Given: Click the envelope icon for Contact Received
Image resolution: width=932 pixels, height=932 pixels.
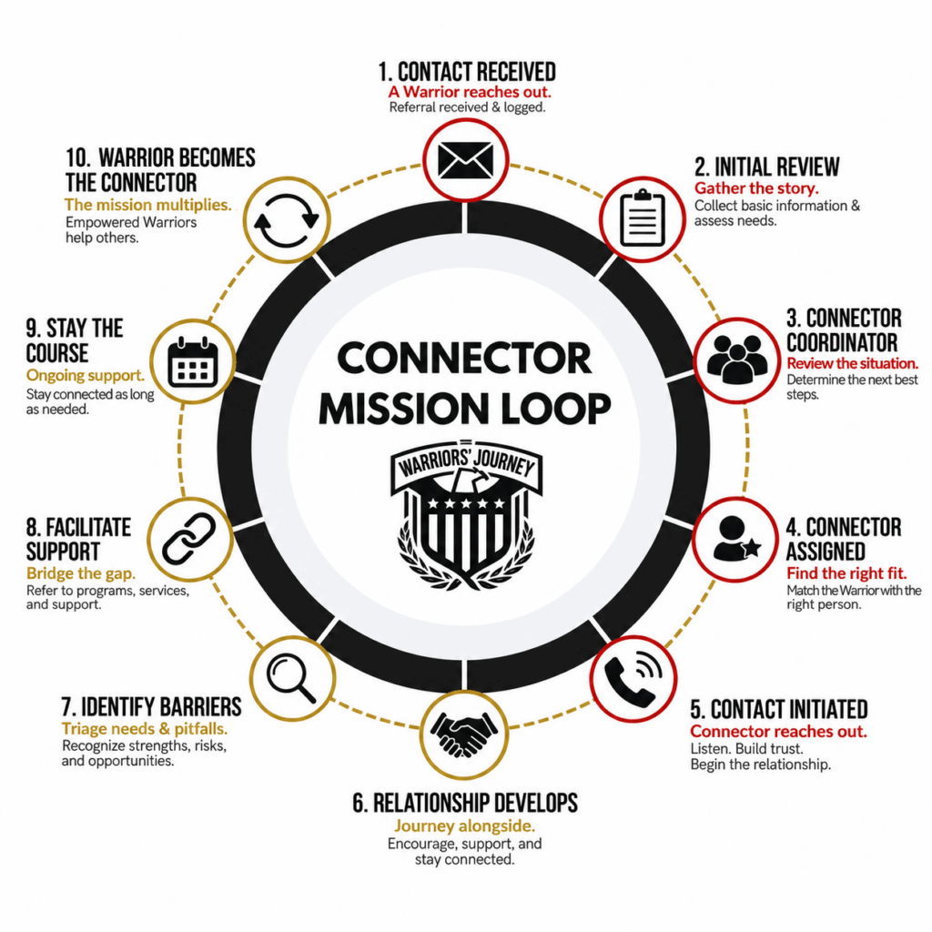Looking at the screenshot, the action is (465, 160).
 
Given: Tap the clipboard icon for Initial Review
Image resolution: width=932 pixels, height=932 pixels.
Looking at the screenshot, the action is (642, 218).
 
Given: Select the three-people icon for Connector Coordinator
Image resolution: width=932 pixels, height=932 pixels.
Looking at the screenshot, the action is (737, 359).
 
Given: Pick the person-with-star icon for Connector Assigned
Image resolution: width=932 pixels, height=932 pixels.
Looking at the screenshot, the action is (735, 539).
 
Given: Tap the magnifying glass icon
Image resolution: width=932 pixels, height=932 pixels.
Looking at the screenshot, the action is (291, 677).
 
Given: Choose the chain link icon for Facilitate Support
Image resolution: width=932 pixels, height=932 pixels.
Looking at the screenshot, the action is (189, 539).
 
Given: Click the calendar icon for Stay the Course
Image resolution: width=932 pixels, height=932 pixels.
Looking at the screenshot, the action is (193, 362).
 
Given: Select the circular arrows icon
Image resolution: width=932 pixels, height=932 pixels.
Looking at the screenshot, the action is (287, 220).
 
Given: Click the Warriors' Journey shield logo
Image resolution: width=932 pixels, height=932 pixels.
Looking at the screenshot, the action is (466, 515).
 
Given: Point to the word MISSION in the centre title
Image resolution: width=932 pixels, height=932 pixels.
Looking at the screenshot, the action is (405, 409).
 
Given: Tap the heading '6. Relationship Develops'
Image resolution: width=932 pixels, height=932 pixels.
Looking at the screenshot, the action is (465, 803).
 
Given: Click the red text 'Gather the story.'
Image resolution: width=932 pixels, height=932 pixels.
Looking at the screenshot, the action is (756, 188).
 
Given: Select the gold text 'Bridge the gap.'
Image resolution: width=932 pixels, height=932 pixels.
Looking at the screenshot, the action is (81, 573).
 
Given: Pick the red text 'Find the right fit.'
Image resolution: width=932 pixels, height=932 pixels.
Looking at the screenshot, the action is (846, 573).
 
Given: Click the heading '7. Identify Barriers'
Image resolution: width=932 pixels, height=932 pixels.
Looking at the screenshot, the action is (152, 707).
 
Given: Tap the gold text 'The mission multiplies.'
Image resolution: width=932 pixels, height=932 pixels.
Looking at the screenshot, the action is (148, 205).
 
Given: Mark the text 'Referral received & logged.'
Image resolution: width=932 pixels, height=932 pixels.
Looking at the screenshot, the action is (467, 107).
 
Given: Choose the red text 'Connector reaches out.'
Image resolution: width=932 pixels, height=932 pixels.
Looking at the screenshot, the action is (779, 732).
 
